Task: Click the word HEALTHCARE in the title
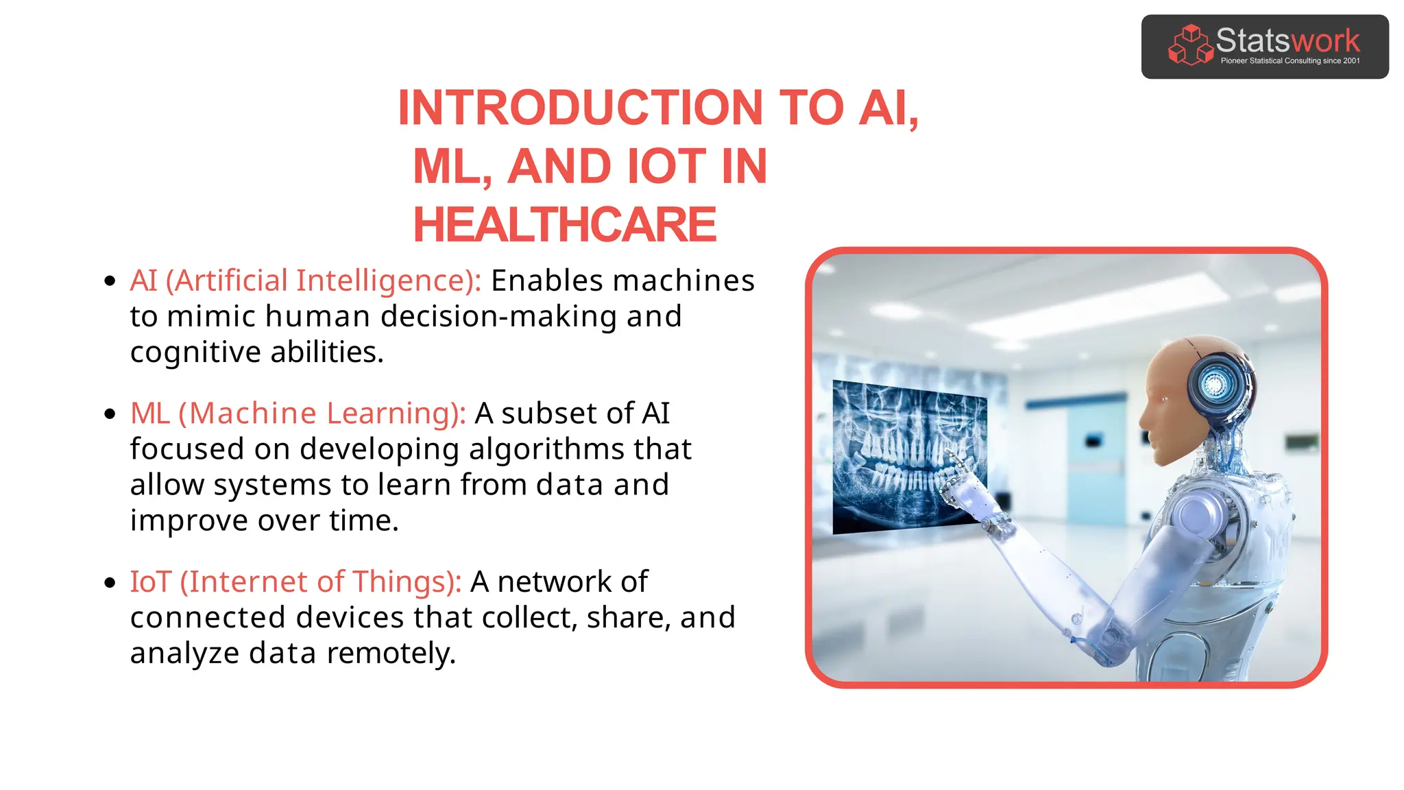564,225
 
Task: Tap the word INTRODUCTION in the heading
580,108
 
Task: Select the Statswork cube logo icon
1190,45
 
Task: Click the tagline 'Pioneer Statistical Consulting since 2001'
1290,61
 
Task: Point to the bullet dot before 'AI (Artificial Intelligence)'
110,280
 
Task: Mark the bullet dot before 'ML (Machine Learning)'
110,414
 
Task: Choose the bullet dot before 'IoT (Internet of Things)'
110,582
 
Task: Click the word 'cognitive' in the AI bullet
195,352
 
